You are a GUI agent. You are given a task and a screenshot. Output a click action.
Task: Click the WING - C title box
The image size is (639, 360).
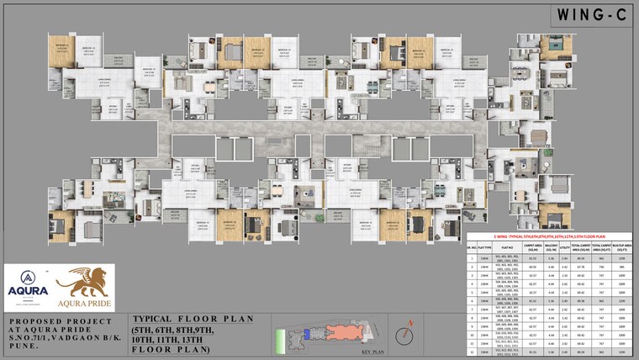589,14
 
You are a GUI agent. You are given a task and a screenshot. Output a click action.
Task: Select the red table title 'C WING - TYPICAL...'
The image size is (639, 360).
552,238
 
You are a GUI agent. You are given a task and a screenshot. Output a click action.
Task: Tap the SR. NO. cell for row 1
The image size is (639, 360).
472,258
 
